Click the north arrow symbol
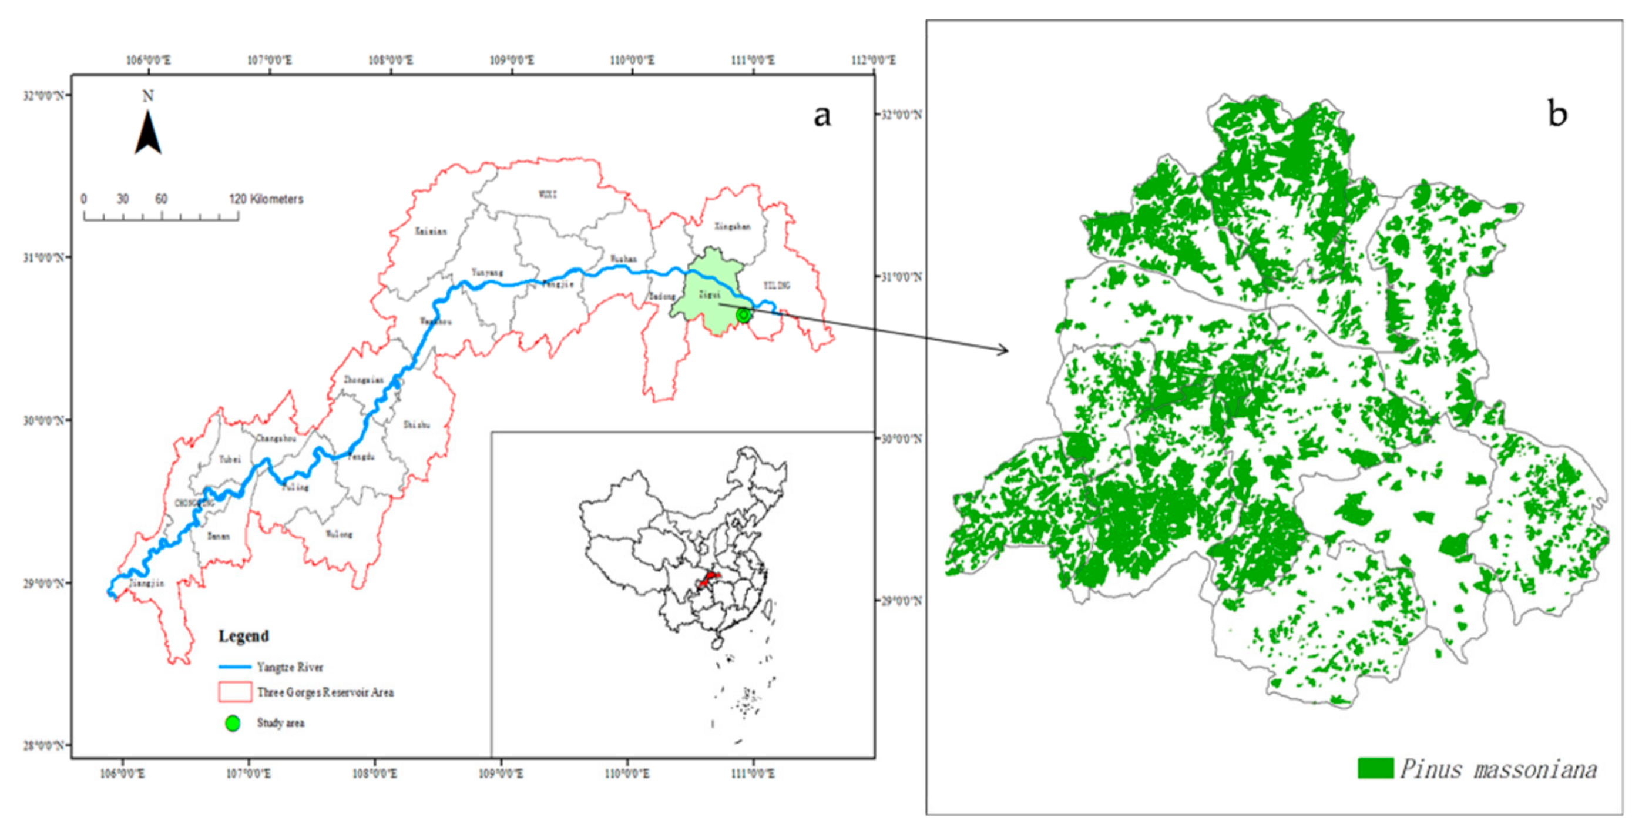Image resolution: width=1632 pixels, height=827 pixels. pyautogui.click(x=147, y=132)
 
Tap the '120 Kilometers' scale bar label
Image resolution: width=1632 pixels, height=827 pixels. pyautogui.click(x=266, y=199)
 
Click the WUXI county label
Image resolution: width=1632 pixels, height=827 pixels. pyautogui.click(x=548, y=194)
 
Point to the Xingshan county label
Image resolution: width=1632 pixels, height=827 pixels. pyautogui.click(x=732, y=226)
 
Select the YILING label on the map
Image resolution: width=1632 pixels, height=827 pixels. pyautogui.click(x=776, y=285)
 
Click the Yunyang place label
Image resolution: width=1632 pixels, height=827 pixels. pyautogui.click(x=486, y=273)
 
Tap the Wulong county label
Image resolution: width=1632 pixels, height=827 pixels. pyautogui.click(x=339, y=534)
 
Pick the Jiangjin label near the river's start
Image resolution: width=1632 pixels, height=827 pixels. pyautogui.click(x=147, y=583)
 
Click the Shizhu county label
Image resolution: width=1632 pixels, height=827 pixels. pyautogui.click(x=417, y=424)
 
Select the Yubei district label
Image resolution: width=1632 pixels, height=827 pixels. pyautogui.click(x=229, y=460)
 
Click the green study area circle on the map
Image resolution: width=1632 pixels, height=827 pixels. pyautogui.click(x=743, y=314)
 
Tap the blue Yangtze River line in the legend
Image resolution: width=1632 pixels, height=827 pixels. pyautogui.click(x=234, y=667)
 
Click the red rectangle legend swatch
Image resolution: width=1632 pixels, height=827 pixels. pyautogui.click(x=235, y=692)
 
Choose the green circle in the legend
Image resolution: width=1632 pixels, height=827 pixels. pyautogui.click(x=233, y=723)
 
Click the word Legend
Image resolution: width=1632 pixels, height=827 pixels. pyautogui.click(x=243, y=635)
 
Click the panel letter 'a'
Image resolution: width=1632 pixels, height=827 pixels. pyautogui.click(x=822, y=116)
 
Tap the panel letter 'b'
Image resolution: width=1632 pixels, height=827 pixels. pyautogui.click(x=1557, y=115)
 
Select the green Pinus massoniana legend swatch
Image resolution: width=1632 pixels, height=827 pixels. pyautogui.click(x=1375, y=768)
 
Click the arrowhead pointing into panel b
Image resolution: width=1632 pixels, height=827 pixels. pyautogui.click(x=1003, y=349)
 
